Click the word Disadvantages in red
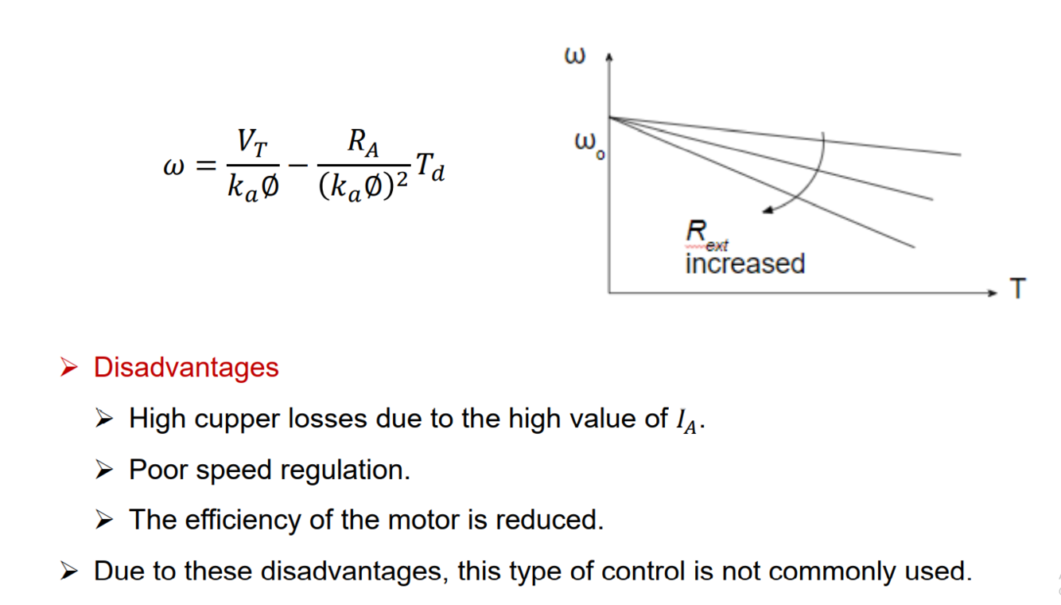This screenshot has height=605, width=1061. coord(186,368)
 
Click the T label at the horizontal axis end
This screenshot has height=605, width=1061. coord(1017,289)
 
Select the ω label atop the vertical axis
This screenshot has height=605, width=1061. coord(575,57)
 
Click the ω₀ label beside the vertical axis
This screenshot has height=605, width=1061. coord(589,145)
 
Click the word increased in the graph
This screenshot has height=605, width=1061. coord(744,263)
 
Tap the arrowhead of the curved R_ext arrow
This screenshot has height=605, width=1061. coord(767,210)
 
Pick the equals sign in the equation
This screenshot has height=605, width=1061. coord(205,166)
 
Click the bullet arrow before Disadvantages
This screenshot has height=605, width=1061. coord(69,369)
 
